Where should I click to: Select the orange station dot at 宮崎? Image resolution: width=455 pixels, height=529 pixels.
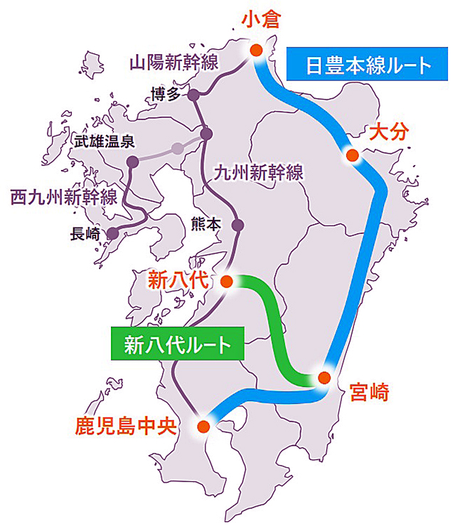[x=323, y=378]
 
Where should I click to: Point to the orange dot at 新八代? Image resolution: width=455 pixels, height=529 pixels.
[x=227, y=282]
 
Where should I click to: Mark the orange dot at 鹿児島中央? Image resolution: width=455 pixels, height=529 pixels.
[x=203, y=427]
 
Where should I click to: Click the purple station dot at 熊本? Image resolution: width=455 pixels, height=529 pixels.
[x=238, y=225]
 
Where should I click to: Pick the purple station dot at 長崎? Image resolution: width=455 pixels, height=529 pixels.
[x=112, y=233]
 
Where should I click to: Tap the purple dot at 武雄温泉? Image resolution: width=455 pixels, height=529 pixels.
[x=132, y=162]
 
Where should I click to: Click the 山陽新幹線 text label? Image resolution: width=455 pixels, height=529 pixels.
[x=173, y=62]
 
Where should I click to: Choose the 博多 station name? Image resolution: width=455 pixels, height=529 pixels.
[x=166, y=94]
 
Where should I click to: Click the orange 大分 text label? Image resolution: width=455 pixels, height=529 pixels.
[x=388, y=132]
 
